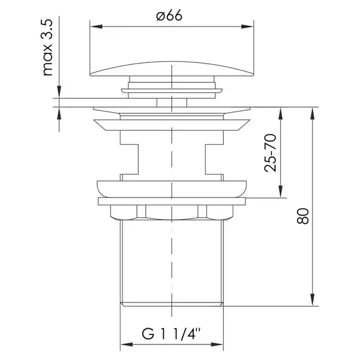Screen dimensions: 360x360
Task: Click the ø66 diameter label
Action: (169, 16)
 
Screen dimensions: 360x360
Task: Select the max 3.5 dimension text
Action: (47, 47)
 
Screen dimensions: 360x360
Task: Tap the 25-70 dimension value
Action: (270, 152)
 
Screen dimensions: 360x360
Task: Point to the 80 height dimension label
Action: (303, 216)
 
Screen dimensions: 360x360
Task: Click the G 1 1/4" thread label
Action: (171, 334)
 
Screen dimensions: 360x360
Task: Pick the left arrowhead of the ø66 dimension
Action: (97, 26)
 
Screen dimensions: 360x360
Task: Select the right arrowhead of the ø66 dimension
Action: (247, 26)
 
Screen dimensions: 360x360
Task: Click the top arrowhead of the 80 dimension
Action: (312, 113)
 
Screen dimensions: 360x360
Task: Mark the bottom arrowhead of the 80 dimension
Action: (312, 300)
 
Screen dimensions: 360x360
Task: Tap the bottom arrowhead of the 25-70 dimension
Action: (280, 192)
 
